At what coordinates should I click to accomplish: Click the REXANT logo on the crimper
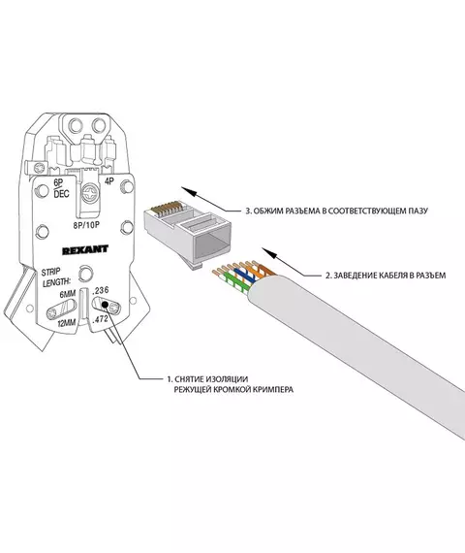coord(85,250)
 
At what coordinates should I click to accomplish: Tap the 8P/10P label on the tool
coord(86,225)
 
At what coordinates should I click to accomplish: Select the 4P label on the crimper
coord(109,181)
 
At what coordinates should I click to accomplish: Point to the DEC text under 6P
coord(61,194)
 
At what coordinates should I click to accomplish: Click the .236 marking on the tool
coord(101,290)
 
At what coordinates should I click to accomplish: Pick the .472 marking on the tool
coord(100,320)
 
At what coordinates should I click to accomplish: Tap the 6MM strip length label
coord(67,294)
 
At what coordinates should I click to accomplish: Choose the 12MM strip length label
coord(67,323)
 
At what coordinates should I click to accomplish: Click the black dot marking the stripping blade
coord(105,305)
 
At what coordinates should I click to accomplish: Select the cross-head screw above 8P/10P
coord(91,194)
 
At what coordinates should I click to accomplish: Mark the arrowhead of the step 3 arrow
coord(188,191)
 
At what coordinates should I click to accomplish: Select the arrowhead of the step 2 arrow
coord(268,252)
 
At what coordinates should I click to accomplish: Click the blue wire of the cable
coord(244,276)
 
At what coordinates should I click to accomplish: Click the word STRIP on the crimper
coord(50,273)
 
